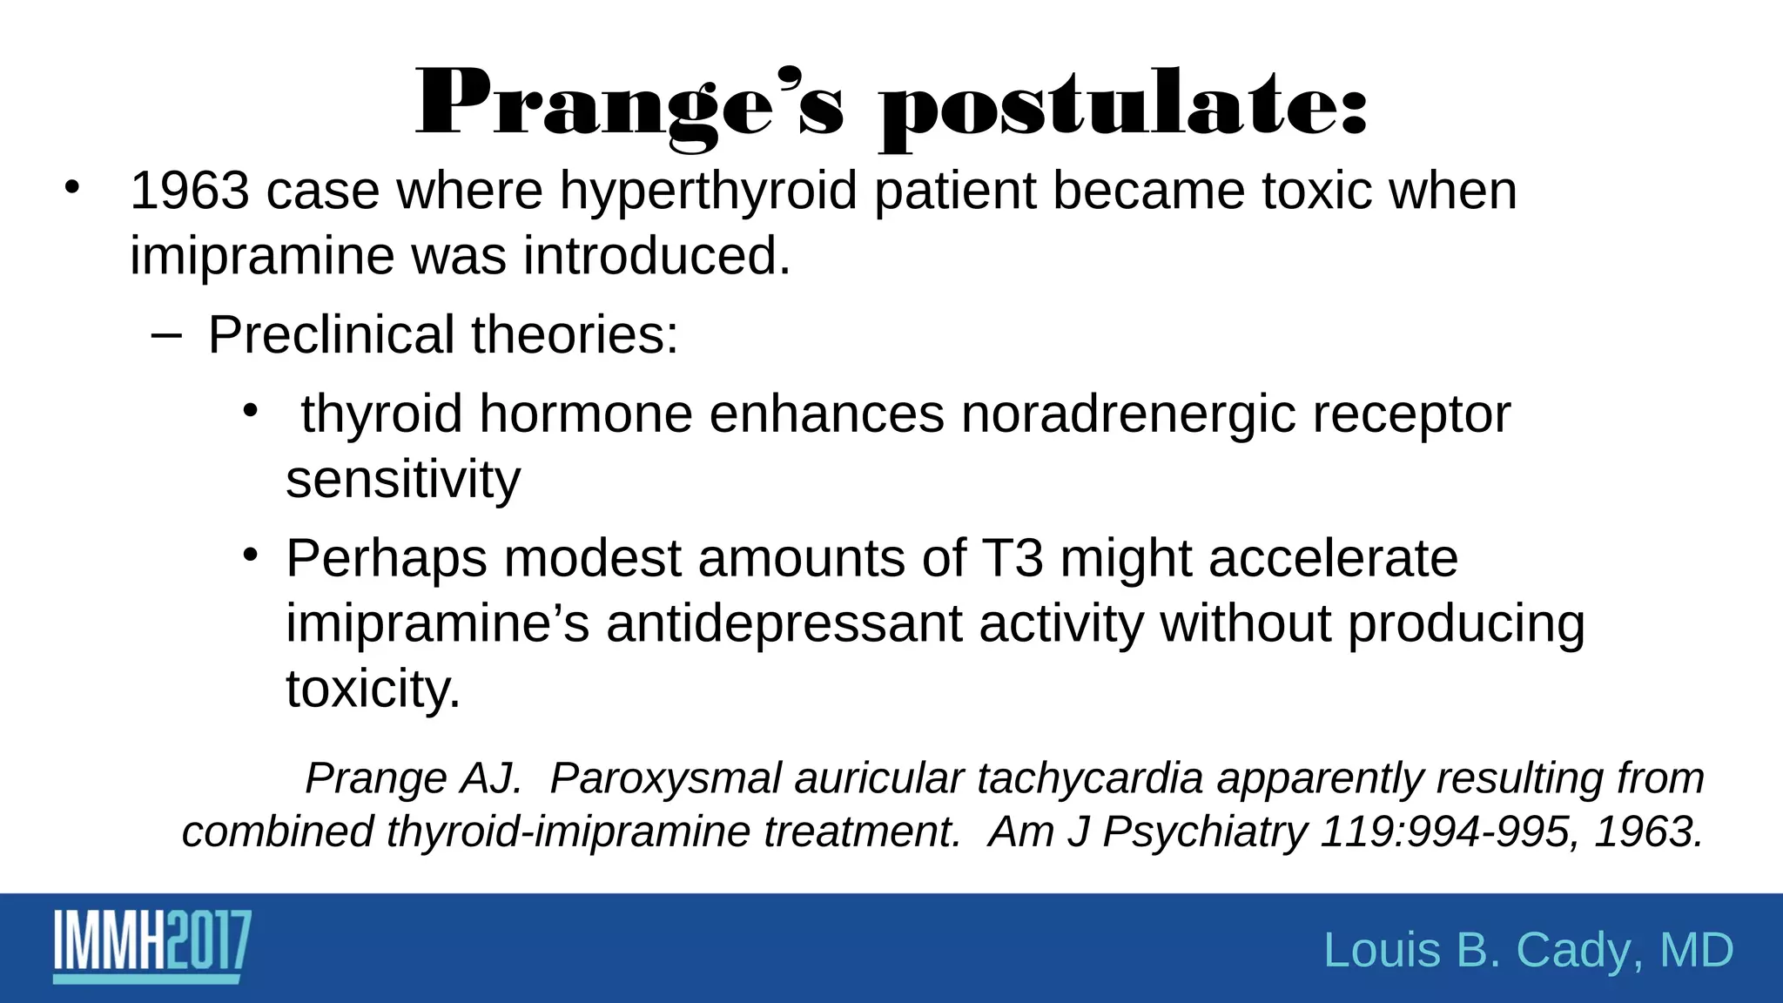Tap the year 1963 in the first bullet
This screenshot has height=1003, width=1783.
pyautogui.click(x=189, y=191)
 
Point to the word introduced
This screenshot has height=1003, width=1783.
pyautogui.click(x=656, y=257)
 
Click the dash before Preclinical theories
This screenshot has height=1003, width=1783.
pyautogui.click(x=165, y=336)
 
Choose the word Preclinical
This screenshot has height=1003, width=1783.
pyautogui.click(x=331, y=336)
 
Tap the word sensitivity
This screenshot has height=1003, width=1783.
pyautogui.click(x=403, y=481)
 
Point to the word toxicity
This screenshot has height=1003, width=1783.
pyautogui.click(x=373, y=690)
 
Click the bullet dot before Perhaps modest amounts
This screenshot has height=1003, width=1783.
pyautogui.click(x=251, y=555)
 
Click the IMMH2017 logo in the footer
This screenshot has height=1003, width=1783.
pyautogui.click(x=152, y=946)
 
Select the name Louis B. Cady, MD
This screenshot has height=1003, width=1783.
pyautogui.click(x=1528, y=950)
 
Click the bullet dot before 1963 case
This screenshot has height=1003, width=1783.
pyautogui.click(x=72, y=187)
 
